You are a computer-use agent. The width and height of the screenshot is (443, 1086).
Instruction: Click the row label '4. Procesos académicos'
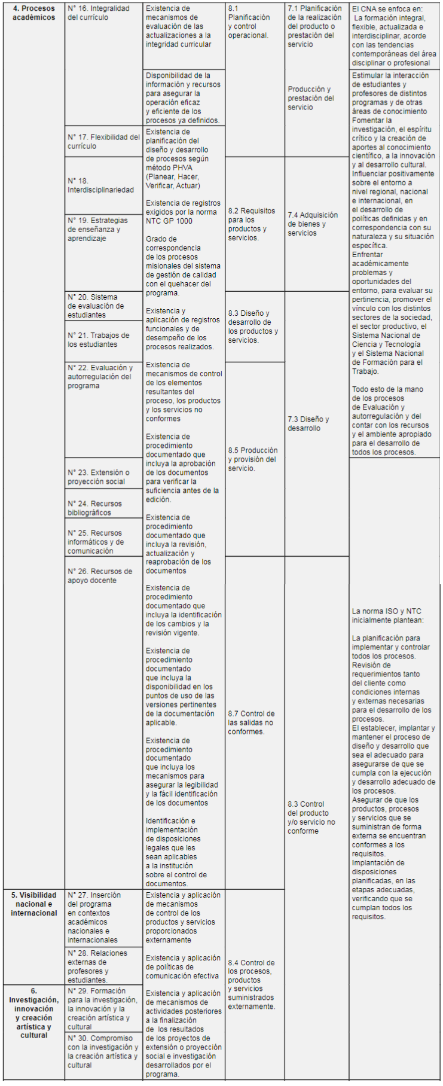pos(34,13)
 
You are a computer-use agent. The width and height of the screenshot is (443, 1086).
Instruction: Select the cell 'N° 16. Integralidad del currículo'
pos(99,13)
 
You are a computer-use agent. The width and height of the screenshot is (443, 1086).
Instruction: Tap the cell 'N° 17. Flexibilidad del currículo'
pos(103,142)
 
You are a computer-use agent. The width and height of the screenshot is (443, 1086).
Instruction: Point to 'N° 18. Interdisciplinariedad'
pos(100,185)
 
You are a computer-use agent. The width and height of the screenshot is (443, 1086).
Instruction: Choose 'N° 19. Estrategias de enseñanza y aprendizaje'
pos(97,229)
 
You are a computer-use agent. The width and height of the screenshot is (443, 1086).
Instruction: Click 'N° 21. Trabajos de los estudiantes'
pos(98,340)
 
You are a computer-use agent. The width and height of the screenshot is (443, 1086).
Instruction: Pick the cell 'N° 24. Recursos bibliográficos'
pos(94,508)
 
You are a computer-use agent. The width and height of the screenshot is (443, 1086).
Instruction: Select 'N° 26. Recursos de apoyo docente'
pos(99,576)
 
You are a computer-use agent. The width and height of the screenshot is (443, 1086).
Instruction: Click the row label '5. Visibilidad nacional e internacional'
pos(34,904)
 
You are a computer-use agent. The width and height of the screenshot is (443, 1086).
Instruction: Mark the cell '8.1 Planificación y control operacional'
pos(249,22)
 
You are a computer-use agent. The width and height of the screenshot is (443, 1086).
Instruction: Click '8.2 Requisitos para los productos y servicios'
pos(252,224)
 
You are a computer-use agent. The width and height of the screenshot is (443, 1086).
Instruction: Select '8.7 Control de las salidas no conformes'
pos(251,722)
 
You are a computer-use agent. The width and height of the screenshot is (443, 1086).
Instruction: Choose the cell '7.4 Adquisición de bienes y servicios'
pos(313,224)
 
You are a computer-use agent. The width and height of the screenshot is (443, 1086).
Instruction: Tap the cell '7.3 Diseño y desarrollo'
pos(308,423)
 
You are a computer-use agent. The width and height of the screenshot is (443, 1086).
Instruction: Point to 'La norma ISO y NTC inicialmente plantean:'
pos(387,615)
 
